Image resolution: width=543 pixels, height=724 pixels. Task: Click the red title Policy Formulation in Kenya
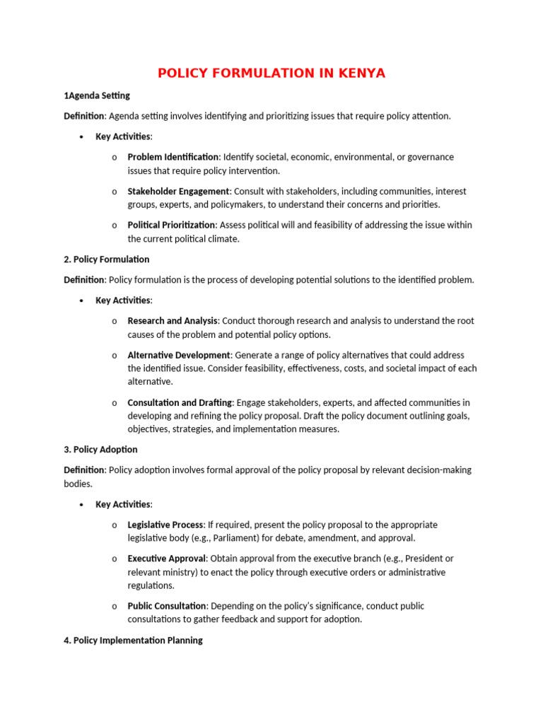point(271,74)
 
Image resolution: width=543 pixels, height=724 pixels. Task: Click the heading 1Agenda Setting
point(97,95)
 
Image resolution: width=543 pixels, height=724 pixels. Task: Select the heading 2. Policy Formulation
point(107,259)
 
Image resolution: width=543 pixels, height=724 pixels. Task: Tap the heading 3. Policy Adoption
point(101,450)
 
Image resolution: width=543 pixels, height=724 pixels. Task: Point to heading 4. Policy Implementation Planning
point(134,641)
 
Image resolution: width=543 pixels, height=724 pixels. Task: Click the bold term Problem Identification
point(173,157)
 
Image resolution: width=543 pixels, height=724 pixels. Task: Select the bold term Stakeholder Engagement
point(178,191)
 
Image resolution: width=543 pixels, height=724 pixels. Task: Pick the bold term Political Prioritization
point(171,225)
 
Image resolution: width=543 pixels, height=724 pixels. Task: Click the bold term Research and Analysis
point(173,321)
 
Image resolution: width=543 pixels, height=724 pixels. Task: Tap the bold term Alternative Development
point(179,355)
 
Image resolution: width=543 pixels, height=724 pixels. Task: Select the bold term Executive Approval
point(167,559)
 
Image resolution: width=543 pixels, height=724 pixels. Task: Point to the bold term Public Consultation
point(167,607)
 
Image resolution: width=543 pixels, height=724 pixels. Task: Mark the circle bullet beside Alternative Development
point(115,355)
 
